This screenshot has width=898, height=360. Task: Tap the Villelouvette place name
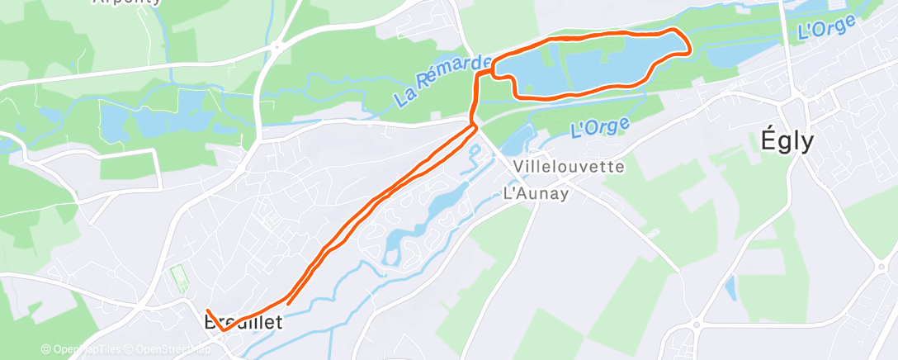(568, 166)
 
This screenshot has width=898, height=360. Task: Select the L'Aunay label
(536, 194)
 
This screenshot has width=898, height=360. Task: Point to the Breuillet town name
(243, 322)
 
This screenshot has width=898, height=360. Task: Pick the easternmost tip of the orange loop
(689, 50)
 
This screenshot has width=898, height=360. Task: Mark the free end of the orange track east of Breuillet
(286, 304)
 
